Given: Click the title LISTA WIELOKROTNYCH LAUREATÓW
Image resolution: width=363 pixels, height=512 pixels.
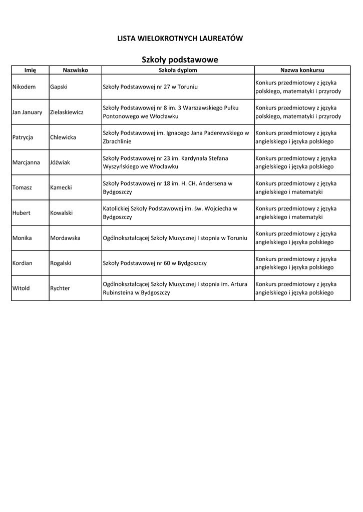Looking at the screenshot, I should point(180,38).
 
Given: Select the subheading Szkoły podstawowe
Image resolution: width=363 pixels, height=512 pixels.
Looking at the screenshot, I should point(180,60).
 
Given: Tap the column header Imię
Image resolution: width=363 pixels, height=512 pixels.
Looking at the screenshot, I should point(30,70).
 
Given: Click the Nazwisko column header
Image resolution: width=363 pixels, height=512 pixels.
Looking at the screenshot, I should point(75,70).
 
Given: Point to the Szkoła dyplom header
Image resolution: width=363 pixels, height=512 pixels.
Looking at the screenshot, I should point(178,70).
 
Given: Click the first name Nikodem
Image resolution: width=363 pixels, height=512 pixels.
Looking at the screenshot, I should point(24,87).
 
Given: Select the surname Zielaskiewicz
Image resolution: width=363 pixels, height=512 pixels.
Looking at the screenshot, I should point(67,112).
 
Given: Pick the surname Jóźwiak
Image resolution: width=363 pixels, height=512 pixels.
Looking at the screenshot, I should point(60,162).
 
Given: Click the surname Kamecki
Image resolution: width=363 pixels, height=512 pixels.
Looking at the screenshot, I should point(61,187).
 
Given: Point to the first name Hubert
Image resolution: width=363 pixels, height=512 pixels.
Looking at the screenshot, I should point(22,213).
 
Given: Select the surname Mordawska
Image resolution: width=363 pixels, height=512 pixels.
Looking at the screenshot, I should point(65,238).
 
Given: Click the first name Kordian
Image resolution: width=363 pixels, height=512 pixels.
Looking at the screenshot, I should point(23,263).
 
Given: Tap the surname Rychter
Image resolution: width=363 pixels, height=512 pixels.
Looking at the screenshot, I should point(60,288).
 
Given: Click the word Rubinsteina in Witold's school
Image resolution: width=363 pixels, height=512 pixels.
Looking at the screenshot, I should point(118,292).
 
